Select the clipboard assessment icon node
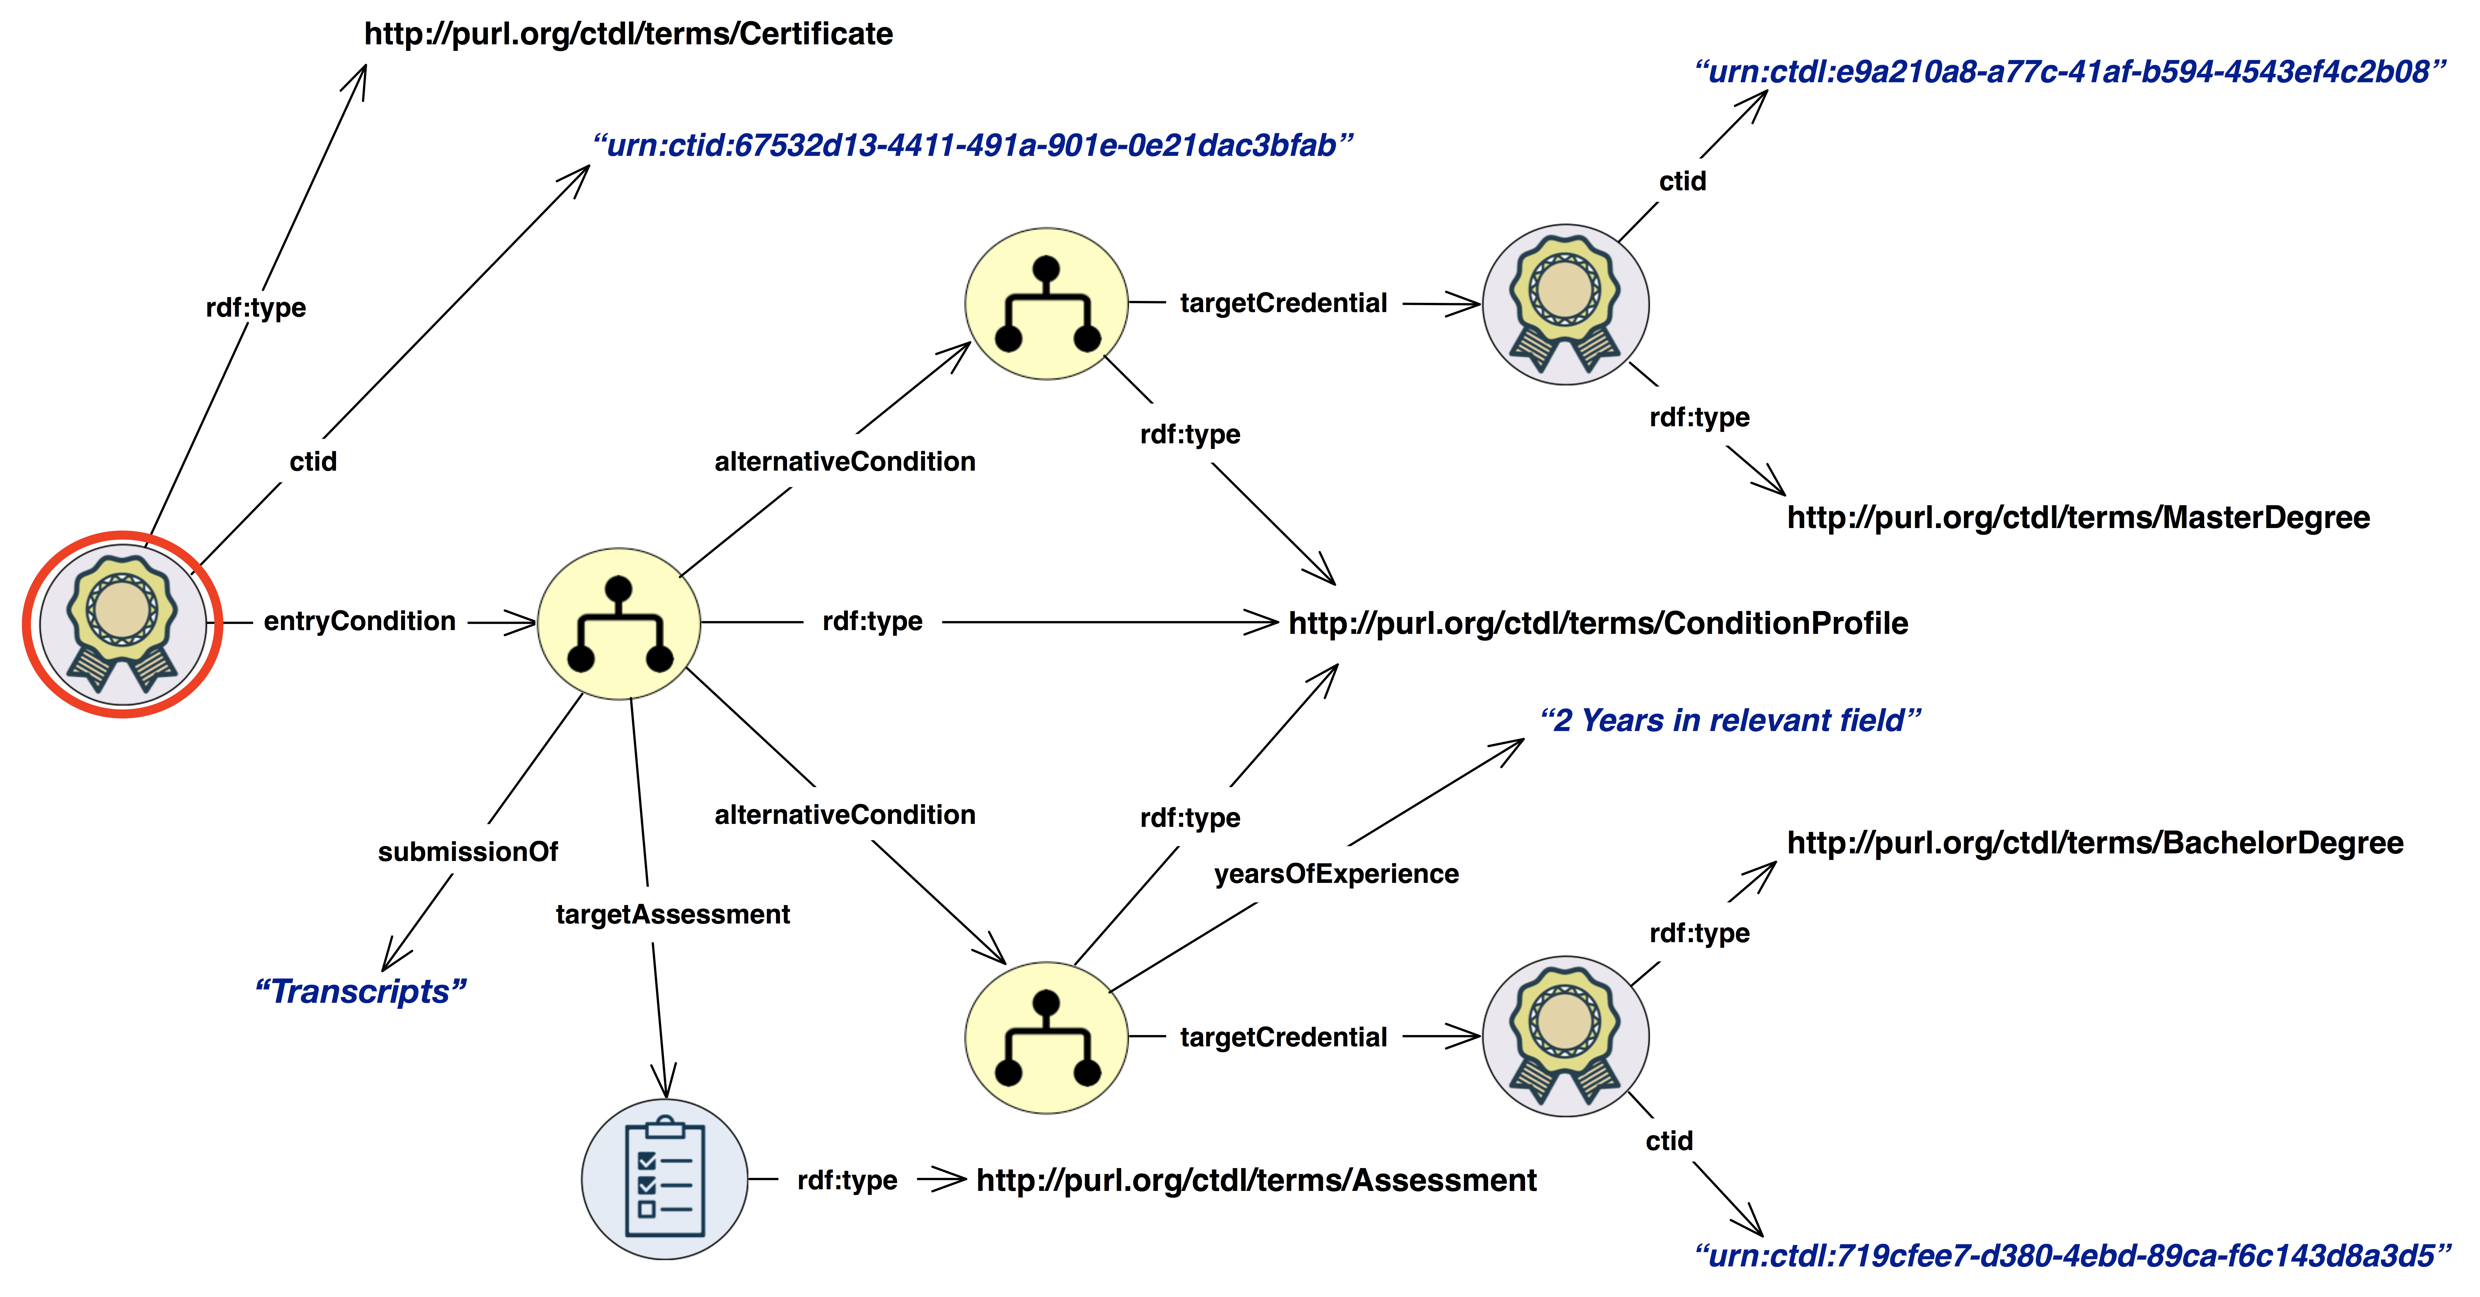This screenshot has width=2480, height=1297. pyautogui.click(x=664, y=1178)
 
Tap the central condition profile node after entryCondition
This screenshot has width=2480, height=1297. pyautogui.click(x=619, y=623)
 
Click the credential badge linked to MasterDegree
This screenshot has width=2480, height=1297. pyautogui.click(x=1565, y=304)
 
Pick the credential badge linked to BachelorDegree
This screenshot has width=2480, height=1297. pyautogui.click(x=1565, y=1036)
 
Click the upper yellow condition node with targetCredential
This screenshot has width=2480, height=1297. pyautogui.click(x=1046, y=303)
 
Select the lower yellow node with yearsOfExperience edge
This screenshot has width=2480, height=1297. pyautogui.click(x=1046, y=1037)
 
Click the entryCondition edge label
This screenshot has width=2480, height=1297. pyautogui.click(x=359, y=621)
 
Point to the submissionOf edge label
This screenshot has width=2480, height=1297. pyautogui.click(x=468, y=851)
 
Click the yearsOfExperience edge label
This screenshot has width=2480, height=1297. pyautogui.click(x=1336, y=873)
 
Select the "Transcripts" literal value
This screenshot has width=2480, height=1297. pyautogui.click(x=360, y=991)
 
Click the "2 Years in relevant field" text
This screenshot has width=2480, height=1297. pyautogui.click(x=1730, y=720)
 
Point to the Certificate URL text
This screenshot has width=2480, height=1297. pyautogui.click(x=628, y=34)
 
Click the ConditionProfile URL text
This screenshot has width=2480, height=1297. pyautogui.click(x=1598, y=623)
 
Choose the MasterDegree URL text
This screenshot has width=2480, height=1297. pyautogui.click(x=2077, y=517)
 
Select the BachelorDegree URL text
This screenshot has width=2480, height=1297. pyautogui.click(x=2095, y=843)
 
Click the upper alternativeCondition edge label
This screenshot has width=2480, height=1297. pyautogui.click(x=844, y=461)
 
